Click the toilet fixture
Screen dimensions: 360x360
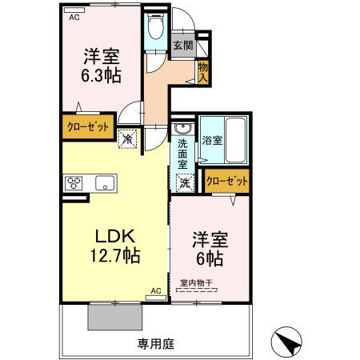pos(156,26)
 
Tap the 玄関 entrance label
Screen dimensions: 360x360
pos(183,46)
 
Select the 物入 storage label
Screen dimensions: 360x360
pos(202,73)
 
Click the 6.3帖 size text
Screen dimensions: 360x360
pos(101,76)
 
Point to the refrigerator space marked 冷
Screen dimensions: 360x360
pos(128,138)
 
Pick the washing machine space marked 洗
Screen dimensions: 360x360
pos(185,183)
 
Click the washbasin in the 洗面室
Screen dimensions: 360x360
pos(182,129)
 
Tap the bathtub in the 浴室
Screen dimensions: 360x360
pos(235,140)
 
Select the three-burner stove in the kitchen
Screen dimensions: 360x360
pos(74,183)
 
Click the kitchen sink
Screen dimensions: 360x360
pos(105,183)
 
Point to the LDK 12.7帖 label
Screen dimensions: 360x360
pos(115,246)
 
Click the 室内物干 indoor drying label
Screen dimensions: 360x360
pos(196,283)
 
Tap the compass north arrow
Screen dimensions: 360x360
pos(286,342)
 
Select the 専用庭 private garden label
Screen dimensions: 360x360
pos(156,344)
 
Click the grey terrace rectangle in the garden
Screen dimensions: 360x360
pos(115,317)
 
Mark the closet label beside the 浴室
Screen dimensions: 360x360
pos(227,182)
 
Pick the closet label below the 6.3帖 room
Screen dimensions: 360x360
pos(88,126)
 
